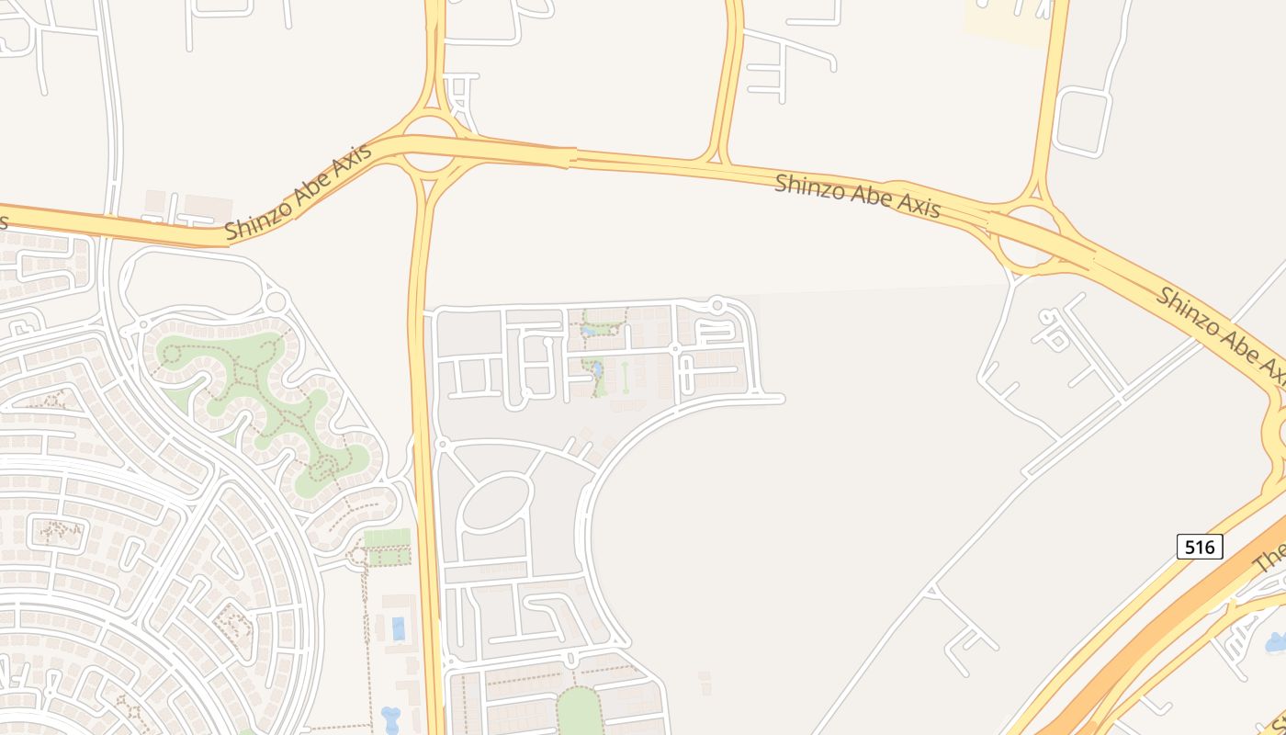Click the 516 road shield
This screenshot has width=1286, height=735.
click(1199, 548)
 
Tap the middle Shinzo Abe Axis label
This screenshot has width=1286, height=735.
click(857, 196)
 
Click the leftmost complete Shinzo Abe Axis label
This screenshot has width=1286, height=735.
click(299, 192)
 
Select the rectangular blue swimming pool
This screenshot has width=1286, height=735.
click(398, 628)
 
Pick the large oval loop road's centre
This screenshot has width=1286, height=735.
click(496, 502)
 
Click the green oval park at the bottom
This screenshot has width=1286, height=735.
click(579, 711)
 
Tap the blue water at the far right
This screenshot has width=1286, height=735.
click(1277, 642)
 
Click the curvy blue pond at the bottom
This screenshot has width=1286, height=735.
click(390, 718)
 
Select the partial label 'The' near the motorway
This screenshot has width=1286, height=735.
click(1270, 556)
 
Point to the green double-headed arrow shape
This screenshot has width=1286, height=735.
click(625, 377)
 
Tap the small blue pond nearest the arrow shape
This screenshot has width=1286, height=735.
click(597, 369)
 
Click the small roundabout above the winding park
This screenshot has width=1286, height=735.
click(275, 302)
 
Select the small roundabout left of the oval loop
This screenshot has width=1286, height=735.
click(441, 445)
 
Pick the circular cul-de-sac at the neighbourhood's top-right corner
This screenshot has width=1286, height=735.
click(717, 304)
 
